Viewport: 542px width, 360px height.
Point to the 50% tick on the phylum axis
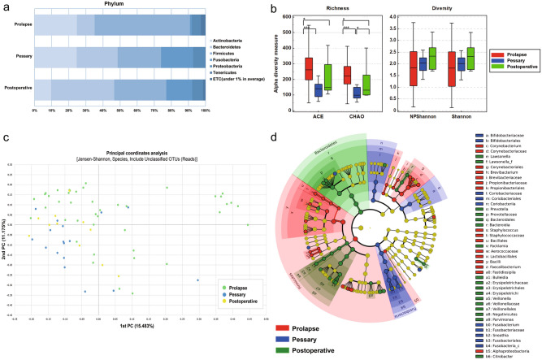tap(120, 109)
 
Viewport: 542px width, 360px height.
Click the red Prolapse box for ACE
tap(308, 69)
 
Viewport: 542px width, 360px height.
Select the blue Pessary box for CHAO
tap(355, 92)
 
